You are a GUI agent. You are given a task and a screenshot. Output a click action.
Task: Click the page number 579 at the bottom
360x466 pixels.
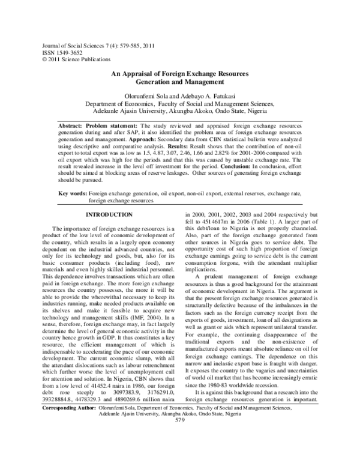click(179, 453)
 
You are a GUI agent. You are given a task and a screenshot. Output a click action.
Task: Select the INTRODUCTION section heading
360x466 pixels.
click(110, 214)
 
